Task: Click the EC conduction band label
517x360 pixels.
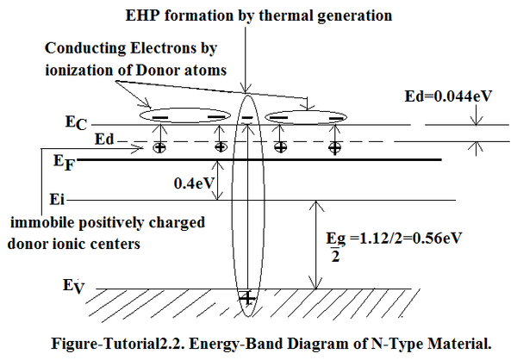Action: click(76, 122)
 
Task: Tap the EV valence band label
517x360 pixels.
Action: click(74, 286)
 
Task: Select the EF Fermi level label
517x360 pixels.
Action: click(65, 163)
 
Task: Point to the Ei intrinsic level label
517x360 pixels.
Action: click(57, 199)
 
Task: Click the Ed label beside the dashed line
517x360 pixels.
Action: click(104, 140)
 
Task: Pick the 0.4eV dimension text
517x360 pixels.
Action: click(194, 183)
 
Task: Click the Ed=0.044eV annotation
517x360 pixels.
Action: click(448, 96)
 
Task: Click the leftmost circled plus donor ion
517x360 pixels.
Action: click(159, 147)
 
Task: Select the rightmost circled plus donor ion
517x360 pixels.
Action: click(334, 147)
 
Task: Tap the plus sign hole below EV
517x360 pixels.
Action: click(247, 298)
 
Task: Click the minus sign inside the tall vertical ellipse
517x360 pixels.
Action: click(247, 118)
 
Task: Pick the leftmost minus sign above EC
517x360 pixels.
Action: click(160, 117)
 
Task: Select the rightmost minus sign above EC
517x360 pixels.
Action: click(336, 118)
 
